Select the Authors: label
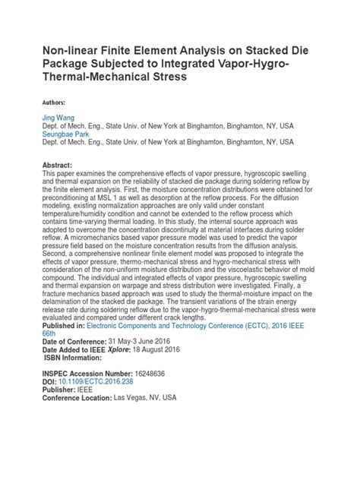coord(48,102)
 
